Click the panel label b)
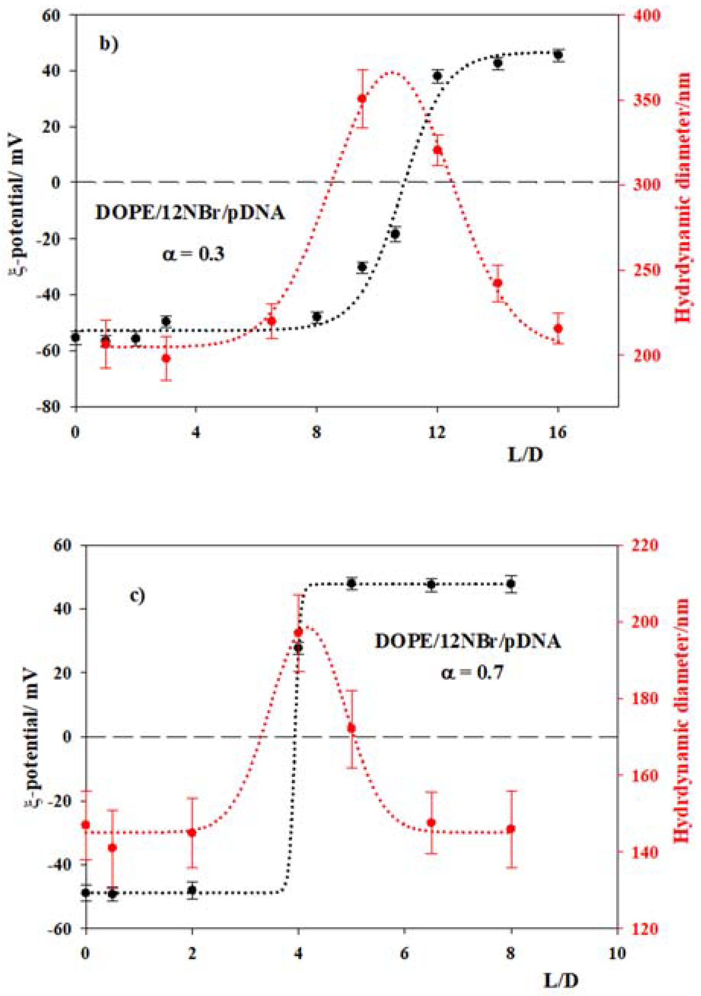108,44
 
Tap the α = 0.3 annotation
194,253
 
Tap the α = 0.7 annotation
472,672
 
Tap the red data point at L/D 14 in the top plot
498,283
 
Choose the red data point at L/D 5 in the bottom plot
351,728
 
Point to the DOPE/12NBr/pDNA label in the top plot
190,213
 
